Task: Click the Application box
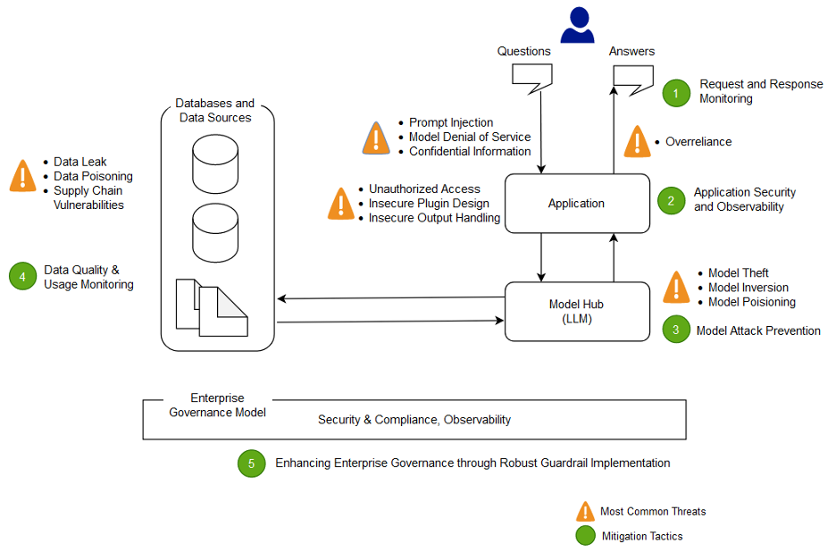[577, 204]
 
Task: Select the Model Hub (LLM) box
[577, 312]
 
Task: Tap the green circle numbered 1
[676, 92]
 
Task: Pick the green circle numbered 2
[671, 200]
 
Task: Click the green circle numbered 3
[676, 330]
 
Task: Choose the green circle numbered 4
[22, 277]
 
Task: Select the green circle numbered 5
[251, 464]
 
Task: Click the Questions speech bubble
[531, 78]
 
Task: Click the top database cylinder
[216, 163]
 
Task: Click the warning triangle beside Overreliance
[637, 142]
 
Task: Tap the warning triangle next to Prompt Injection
[376, 138]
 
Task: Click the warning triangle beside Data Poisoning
[22, 176]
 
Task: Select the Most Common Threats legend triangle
[585, 511]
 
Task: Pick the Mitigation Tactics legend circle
[585, 536]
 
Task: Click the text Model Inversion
[748, 288]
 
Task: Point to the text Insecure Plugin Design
[429, 204]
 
